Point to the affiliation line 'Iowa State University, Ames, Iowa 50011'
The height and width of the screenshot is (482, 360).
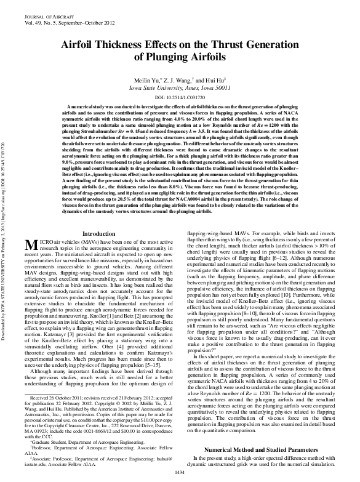tap(180, 89)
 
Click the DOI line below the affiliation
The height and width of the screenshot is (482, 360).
tap(180, 97)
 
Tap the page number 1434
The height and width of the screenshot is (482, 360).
tap(180, 472)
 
